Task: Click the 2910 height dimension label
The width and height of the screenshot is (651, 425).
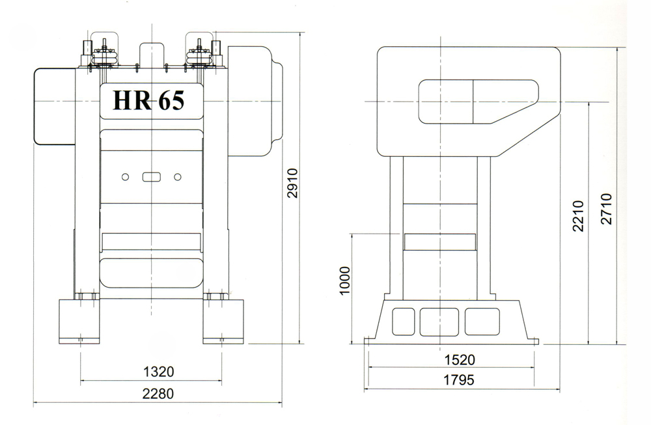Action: [x=293, y=183]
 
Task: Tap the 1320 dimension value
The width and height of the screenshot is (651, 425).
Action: [x=159, y=372]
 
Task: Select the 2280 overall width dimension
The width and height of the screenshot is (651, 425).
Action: [x=158, y=393]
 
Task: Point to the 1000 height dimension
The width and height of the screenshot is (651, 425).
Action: [x=345, y=281]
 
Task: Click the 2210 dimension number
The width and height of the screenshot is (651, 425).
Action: [x=578, y=216]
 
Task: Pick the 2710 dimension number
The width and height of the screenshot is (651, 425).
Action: [x=607, y=209]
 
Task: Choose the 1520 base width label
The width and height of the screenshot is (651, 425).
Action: [x=460, y=360]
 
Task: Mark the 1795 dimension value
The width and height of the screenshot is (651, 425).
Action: [x=459, y=379]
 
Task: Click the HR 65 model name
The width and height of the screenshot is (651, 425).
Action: [x=148, y=100]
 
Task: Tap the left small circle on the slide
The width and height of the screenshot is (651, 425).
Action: [x=125, y=177]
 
